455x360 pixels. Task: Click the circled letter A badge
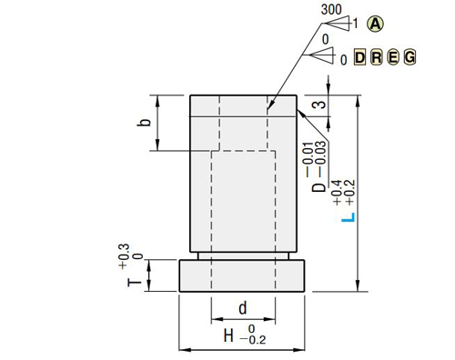click(375, 24)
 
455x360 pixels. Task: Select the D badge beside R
click(359, 57)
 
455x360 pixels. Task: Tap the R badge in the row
click(377, 57)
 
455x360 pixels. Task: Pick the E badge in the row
click(393, 57)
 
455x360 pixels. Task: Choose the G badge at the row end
click(409, 57)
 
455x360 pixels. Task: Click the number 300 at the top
click(331, 10)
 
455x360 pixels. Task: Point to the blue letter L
click(349, 217)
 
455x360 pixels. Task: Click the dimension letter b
click(145, 123)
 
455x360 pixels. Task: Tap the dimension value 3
click(318, 105)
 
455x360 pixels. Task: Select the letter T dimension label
click(135, 283)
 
